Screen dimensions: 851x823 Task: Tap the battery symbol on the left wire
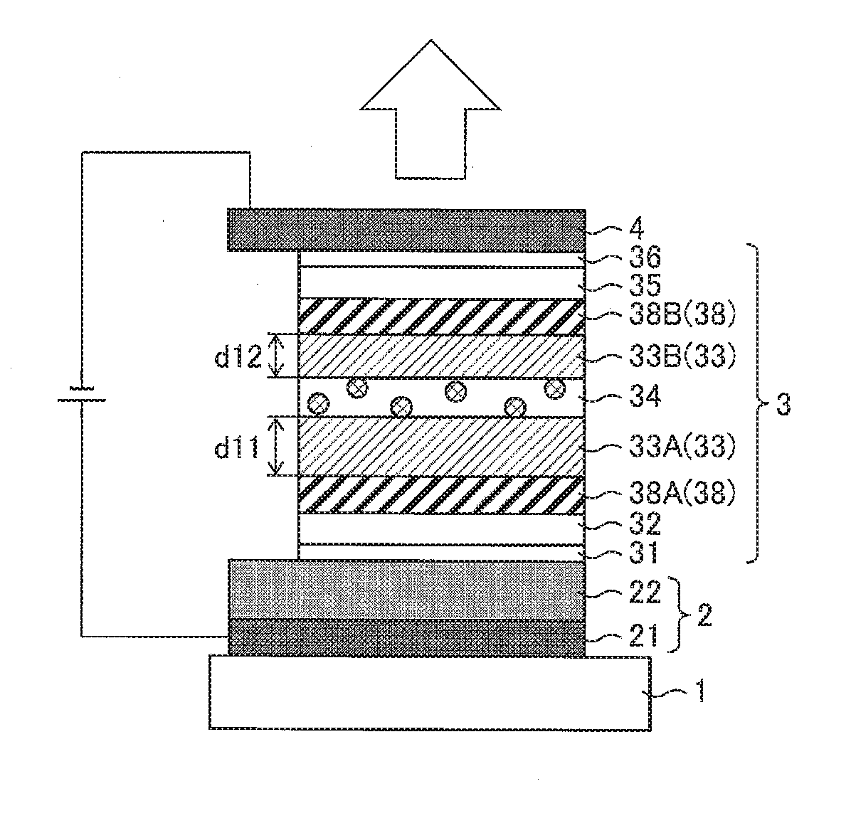pos(81,394)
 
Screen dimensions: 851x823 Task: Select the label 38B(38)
pos(682,314)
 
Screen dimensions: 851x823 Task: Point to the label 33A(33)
pos(682,447)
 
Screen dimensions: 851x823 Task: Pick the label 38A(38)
pos(682,493)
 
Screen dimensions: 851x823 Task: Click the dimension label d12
pos(238,356)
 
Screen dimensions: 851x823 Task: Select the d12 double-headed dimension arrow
pos(277,356)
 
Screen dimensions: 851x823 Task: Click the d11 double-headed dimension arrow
pos(277,446)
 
